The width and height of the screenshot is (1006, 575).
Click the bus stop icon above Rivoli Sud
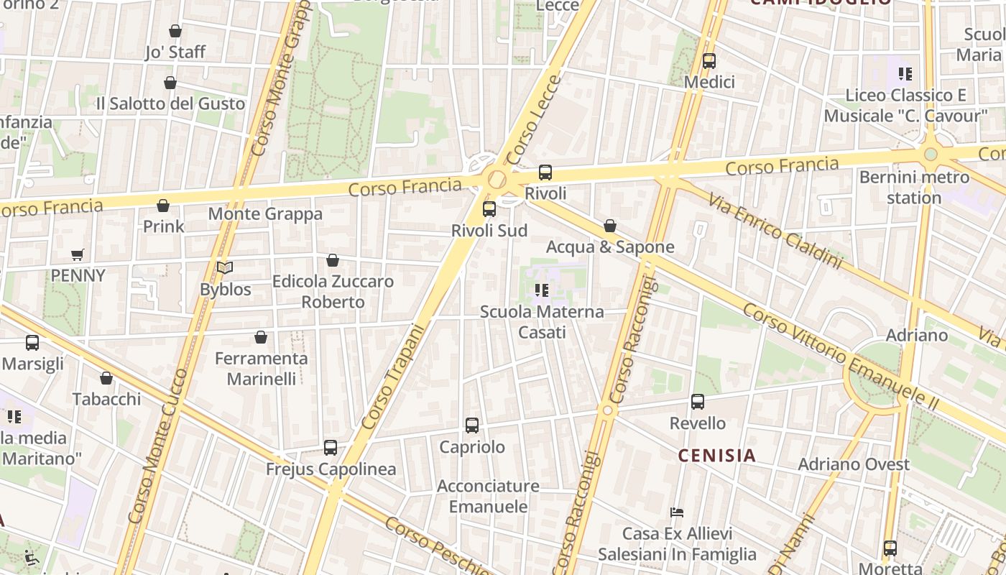pos(489,209)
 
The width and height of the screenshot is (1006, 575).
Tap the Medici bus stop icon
pos(709,61)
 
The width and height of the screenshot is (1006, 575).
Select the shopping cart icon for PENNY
pos(78,254)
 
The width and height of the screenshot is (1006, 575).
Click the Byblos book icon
pos(225,268)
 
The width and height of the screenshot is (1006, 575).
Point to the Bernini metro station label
pos(913,187)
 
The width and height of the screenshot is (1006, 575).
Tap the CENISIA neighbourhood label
pos(717,455)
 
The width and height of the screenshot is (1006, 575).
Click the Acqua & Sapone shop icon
pos(610,226)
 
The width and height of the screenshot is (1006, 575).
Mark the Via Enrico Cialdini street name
pos(775,231)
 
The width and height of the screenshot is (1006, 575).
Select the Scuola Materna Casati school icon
pos(542,290)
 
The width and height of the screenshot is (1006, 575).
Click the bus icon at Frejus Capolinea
pos(331,448)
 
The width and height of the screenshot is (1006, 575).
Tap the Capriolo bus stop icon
pos(472,425)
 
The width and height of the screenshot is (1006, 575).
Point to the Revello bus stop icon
pos(698,402)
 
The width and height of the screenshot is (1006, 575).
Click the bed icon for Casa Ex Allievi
pos(677,512)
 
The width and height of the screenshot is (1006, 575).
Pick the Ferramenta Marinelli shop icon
pos(261,337)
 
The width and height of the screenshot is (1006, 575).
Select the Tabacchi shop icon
pos(106,378)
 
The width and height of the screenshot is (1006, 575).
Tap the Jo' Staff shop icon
pos(175,31)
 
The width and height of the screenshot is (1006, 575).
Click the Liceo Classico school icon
pos(905,73)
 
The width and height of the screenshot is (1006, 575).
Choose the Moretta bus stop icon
pos(890,548)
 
